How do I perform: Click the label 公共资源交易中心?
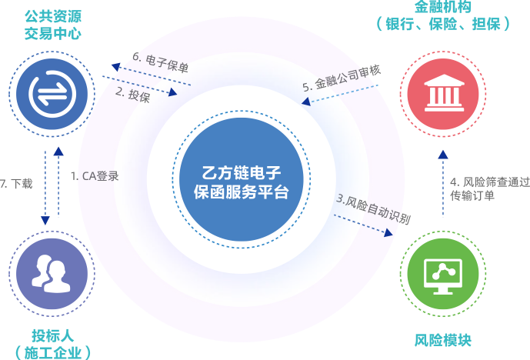pyautogui.click(x=53, y=25)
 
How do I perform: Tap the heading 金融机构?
pyautogui.click(x=443, y=7)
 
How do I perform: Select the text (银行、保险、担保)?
pyautogui.click(x=443, y=25)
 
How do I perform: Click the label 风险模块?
pyautogui.click(x=442, y=339)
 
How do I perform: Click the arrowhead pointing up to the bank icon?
pyautogui.click(x=442, y=153)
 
